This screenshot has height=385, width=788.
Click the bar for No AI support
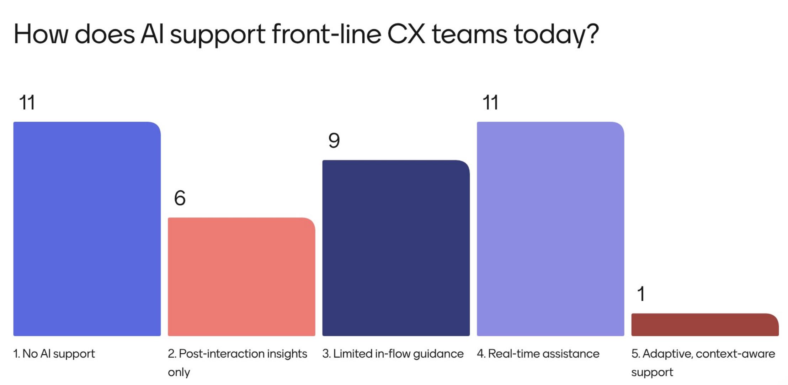87,228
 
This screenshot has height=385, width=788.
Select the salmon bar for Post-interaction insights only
241,276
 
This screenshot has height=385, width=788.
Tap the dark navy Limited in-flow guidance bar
396,248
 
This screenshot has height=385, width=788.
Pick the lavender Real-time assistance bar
550,228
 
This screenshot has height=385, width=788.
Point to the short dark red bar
705,325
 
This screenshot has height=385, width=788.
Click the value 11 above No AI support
27,102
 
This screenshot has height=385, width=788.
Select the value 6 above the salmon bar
180,198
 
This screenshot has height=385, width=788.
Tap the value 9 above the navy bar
334,141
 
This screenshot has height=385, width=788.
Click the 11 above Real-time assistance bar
490,102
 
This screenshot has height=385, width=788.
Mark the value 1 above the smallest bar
641,294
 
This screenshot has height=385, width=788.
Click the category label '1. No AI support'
54,354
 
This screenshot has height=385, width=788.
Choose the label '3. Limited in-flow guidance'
393,354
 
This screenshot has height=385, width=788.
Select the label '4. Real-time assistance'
538,354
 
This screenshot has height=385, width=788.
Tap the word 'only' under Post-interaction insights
179,372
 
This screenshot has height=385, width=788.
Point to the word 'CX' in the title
406,35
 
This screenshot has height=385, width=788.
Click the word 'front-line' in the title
326,35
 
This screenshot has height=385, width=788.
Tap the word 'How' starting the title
41,35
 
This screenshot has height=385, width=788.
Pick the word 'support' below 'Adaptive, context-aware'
652,372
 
